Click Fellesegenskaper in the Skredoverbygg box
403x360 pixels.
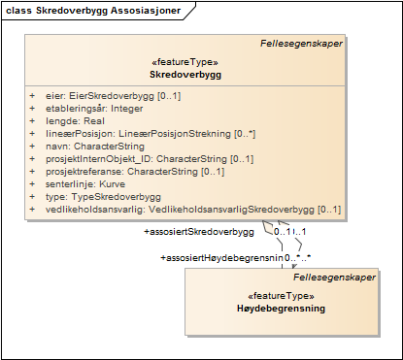click(301, 44)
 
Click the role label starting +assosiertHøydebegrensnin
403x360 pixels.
click(220, 258)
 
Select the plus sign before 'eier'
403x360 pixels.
click(32, 96)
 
